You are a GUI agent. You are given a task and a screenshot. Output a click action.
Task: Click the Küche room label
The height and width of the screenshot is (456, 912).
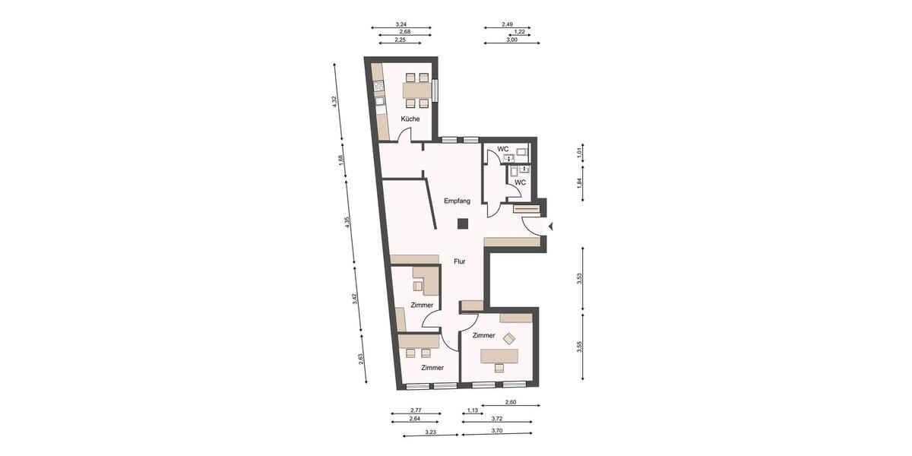click(410, 119)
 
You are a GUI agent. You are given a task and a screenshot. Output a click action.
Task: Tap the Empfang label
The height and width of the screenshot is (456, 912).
click(458, 201)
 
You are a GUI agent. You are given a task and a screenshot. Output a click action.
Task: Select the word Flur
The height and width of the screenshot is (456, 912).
click(459, 261)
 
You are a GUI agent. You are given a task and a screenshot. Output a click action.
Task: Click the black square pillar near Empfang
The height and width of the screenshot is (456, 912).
click(461, 223)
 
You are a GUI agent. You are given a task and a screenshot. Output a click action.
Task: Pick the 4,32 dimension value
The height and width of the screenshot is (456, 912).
click(334, 102)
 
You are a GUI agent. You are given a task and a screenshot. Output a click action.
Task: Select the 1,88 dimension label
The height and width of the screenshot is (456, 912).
click(341, 160)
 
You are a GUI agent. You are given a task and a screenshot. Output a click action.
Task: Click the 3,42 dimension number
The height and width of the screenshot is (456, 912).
click(355, 299)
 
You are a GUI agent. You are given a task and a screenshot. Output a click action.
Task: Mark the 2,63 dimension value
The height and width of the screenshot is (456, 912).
click(361, 359)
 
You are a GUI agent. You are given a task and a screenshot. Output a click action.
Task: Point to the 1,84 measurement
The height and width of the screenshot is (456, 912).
click(580, 182)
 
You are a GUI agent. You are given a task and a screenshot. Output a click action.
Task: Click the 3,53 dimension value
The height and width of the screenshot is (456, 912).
click(580, 278)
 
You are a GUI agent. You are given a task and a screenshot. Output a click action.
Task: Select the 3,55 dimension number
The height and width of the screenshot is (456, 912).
click(580, 347)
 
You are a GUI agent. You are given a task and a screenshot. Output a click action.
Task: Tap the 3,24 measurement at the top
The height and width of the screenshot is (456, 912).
click(401, 25)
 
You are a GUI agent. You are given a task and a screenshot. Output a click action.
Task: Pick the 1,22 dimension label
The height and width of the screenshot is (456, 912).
click(520, 32)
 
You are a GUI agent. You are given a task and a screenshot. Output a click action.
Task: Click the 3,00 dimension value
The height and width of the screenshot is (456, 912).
click(511, 40)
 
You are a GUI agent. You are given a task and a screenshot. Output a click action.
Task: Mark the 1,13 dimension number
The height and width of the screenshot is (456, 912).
click(472, 410)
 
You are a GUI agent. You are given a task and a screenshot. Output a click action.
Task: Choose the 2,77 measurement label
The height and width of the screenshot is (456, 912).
click(415, 410)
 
